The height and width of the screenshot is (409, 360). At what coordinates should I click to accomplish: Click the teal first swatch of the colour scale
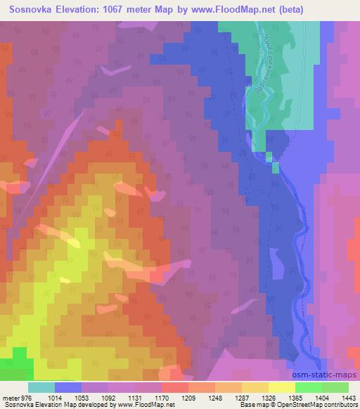pos(41,387)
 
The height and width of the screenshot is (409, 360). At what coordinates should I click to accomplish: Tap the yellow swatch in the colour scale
pos(282,387)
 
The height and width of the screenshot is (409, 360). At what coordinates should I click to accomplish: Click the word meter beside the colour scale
pos(8,398)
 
